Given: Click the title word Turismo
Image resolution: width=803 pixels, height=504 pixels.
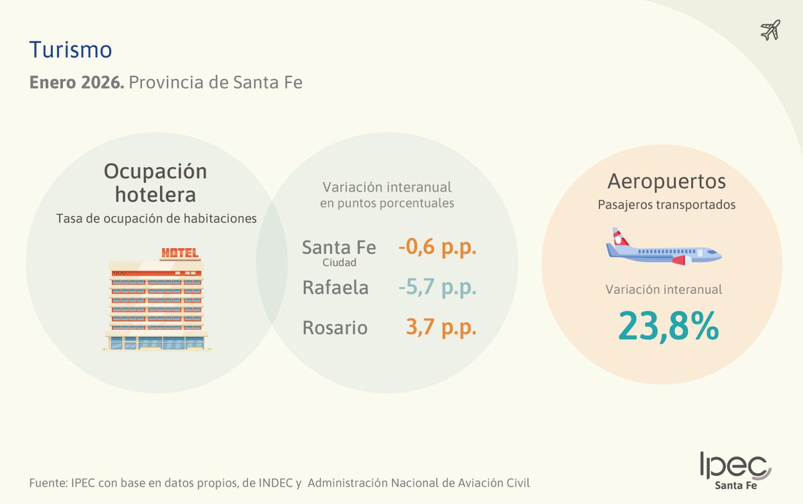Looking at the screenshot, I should (x=70, y=50).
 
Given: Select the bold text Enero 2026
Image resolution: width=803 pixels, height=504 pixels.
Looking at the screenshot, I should (x=76, y=83).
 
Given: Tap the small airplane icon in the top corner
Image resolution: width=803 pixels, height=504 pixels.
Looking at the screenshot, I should (x=770, y=30).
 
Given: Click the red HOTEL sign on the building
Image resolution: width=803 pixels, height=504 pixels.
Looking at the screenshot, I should (x=179, y=253).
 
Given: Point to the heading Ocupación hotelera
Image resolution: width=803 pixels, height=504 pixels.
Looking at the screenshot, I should (x=155, y=182).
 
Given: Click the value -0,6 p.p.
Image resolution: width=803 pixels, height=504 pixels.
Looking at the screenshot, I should (x=437, y=247).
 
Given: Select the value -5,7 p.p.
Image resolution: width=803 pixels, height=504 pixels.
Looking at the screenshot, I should (x=437, y=288).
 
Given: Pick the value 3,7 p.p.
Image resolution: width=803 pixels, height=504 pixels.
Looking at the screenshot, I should (x=441, y=328).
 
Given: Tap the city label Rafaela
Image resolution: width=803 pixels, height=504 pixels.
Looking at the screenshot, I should (x=336, y=288).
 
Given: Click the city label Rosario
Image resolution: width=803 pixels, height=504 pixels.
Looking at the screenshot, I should (x=335, y=328).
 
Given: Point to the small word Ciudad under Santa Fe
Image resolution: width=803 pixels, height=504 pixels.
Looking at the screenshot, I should (x=339, y=263).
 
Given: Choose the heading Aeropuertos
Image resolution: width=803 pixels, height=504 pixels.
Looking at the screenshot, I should (x=666, y=181).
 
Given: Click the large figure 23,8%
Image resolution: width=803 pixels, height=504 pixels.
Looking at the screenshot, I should (x=668, y=326).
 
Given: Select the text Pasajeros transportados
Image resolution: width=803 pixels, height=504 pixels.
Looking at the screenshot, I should (x=666, y=205).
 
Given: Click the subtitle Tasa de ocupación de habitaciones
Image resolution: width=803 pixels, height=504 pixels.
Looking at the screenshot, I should (x=157, y=218).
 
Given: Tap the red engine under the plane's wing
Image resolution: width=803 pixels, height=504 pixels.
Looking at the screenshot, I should (x=680, y=260).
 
